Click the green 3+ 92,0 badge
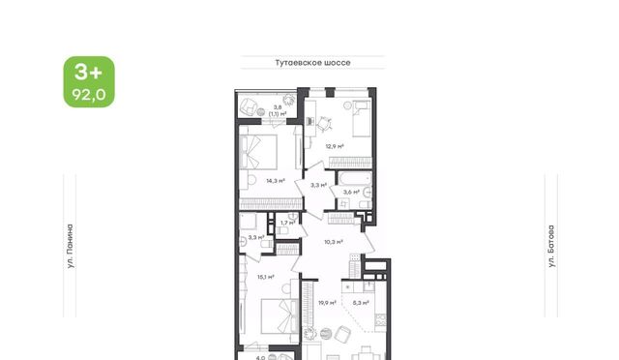89,82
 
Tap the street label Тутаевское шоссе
312,63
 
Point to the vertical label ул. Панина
70,247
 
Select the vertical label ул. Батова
551,246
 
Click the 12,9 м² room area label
335,146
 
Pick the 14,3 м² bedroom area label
276,181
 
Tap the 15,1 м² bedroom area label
266,277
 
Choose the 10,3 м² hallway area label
333,242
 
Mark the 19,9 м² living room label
327,303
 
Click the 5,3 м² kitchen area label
361,303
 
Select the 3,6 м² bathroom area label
351,193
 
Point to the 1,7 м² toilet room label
287,223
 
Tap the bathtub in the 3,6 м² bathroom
355,178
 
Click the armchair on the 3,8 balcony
250,105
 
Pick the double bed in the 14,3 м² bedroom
258,152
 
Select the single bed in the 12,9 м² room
362,119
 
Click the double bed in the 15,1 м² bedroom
280,315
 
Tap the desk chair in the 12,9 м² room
325,124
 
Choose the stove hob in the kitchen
380,319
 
